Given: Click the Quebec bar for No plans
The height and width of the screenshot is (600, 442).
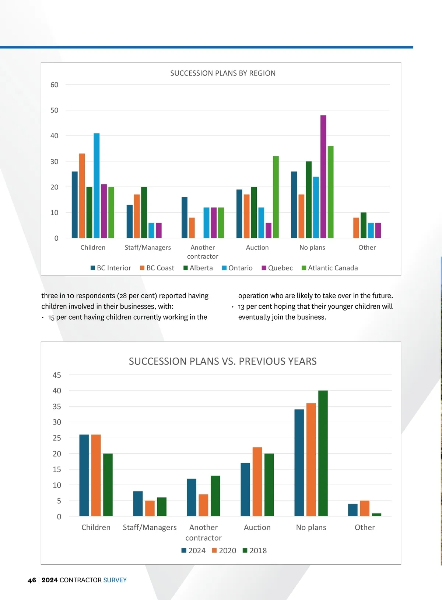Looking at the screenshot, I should (x=323, y=177).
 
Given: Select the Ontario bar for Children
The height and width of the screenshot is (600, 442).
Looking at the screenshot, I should (x=97, y=186).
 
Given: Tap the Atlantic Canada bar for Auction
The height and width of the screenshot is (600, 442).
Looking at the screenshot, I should (x=276, y=197).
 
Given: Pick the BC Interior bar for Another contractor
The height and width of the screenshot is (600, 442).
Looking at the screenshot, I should (x=185, y=218).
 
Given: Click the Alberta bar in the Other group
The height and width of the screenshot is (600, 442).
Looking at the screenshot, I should (x=364, y=225).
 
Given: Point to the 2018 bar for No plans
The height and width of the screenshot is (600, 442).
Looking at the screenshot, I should (x=323, y=453).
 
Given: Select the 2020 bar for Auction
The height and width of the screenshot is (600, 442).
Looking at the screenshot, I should (x=257, y=482).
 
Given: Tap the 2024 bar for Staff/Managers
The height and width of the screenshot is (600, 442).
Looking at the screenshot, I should (x=138, y=504).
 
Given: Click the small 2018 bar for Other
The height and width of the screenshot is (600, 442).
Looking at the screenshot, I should (x=376, y=515).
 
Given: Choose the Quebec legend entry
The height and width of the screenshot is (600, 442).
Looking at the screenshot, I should (x=277, y=268).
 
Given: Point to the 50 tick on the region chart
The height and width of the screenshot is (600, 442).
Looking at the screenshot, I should (x=54, y=110).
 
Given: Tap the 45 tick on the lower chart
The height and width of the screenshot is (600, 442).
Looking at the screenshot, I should (x=57, y=375).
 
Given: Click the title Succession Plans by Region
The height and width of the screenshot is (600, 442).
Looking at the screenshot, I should (x=223, y=73).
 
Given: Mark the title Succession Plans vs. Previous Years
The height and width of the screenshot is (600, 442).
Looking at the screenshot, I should (x=222, y=361).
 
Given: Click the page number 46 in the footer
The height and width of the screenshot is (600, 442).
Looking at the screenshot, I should (x=32, y=580).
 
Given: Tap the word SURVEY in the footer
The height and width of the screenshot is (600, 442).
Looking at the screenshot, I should (x=115, y=580).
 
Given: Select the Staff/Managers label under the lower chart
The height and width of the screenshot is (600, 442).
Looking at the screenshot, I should (x=150, y=528).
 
